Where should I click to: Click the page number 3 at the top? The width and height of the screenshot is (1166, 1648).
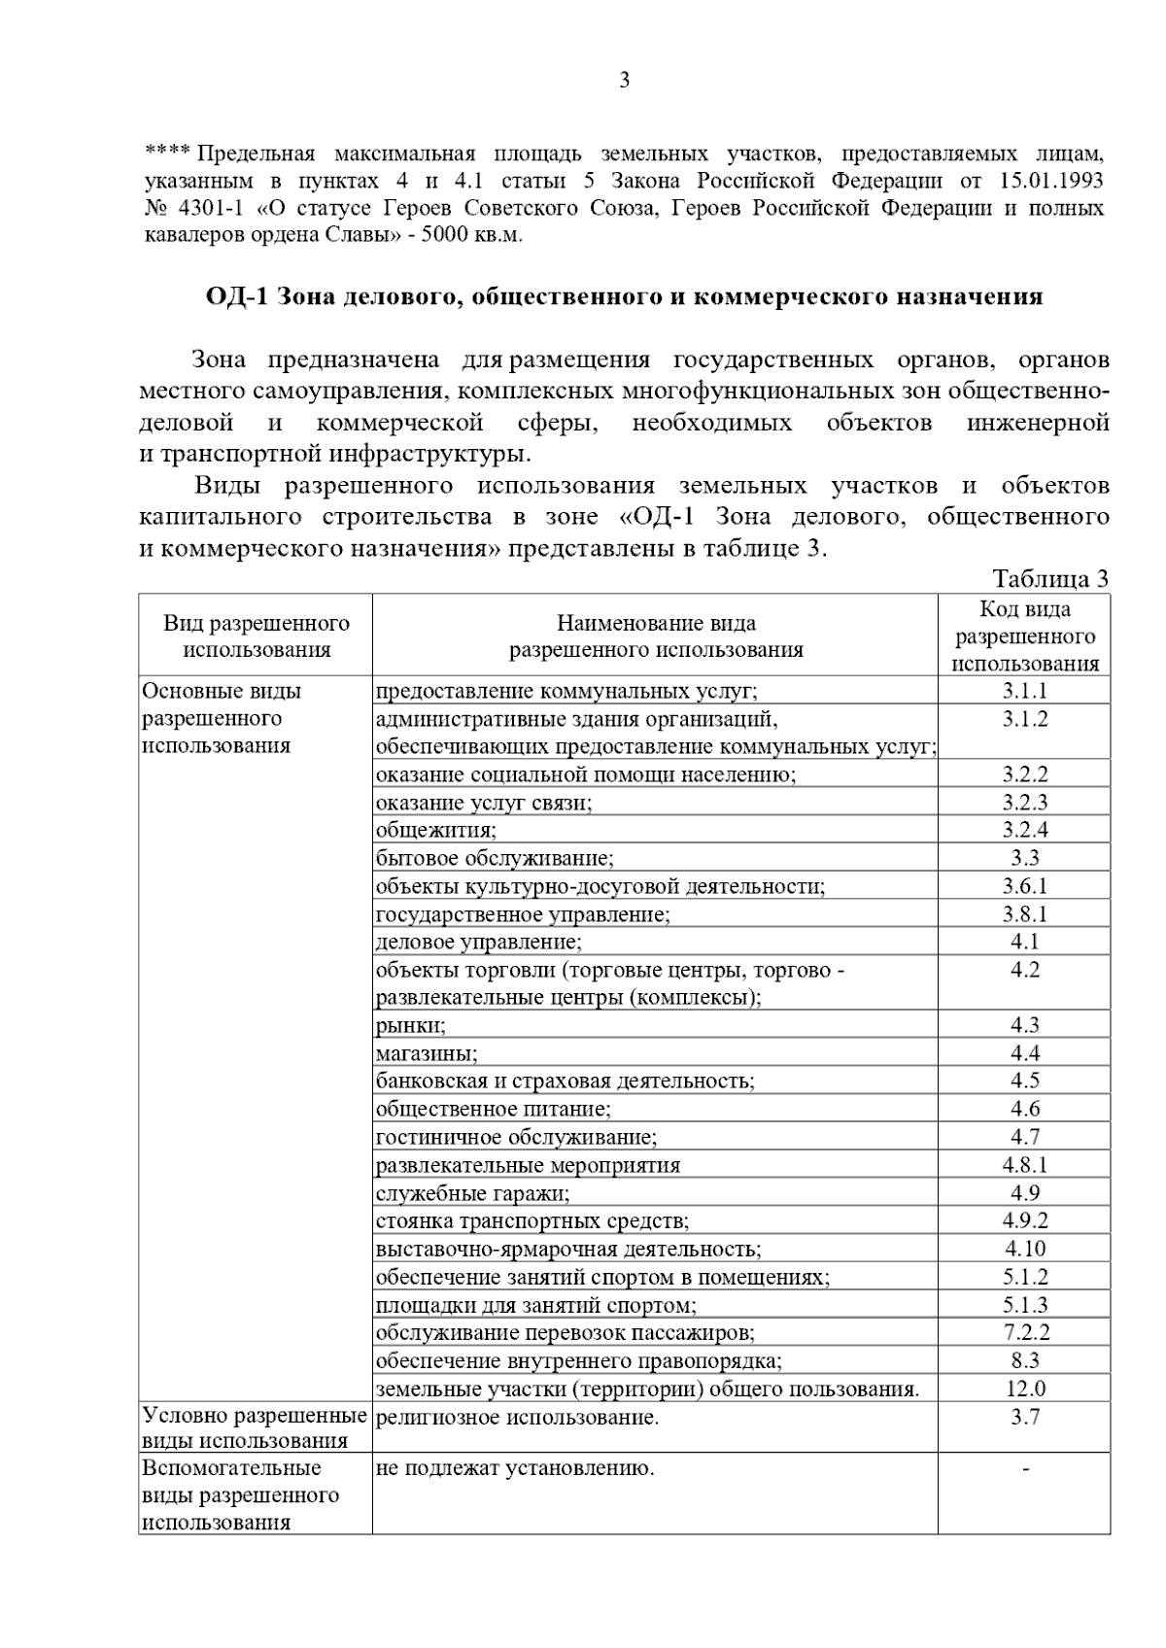625,81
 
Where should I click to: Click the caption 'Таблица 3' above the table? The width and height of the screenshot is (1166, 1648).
1049,579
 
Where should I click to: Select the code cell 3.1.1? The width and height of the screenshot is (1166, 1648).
1025,691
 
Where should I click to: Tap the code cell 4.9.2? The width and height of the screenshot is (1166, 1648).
1025,1220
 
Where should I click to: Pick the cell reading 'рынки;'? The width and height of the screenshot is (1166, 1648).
411,1025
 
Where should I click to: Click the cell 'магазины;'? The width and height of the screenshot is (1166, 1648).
427,1053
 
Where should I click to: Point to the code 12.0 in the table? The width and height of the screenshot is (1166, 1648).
1025,1389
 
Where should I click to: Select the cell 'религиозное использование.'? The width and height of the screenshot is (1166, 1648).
517,1418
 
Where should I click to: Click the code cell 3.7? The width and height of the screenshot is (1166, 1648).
1025,1417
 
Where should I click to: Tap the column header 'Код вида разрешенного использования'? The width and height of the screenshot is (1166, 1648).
1025,636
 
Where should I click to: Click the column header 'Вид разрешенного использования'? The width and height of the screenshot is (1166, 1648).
257,636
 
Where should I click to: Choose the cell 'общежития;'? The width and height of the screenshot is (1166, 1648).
436,830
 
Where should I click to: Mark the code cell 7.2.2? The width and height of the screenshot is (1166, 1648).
1025,1332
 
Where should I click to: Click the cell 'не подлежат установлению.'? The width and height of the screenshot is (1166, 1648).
515,1468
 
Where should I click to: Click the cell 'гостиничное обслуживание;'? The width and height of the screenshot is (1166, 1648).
516,1137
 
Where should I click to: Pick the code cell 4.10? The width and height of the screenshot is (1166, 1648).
1025,1249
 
